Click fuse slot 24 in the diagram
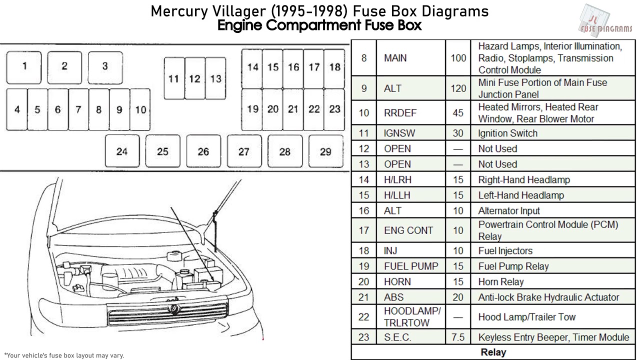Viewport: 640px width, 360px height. point(122,151)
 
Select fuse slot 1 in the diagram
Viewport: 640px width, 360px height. point(24,67)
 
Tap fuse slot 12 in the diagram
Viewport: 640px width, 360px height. point(194,78)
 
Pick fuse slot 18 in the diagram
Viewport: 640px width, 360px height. point(334,67)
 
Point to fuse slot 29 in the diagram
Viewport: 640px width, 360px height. point(325,151)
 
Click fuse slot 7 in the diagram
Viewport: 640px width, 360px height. point(78,109)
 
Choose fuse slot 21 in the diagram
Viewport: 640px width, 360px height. point(293,109)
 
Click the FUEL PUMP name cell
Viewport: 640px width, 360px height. point(410,266)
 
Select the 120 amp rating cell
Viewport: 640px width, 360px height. point(458,88)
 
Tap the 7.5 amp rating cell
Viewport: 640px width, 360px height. point(458,337)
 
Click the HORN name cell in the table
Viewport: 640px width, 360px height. point(397,282)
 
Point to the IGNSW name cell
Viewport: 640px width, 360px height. point(399,133)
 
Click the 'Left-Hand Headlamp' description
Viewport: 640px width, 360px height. point(521,195)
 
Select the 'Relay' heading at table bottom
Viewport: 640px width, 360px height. point(493,352)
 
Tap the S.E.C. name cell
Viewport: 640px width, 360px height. point(397,337)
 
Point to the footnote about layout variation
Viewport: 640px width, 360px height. point(64,355)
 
